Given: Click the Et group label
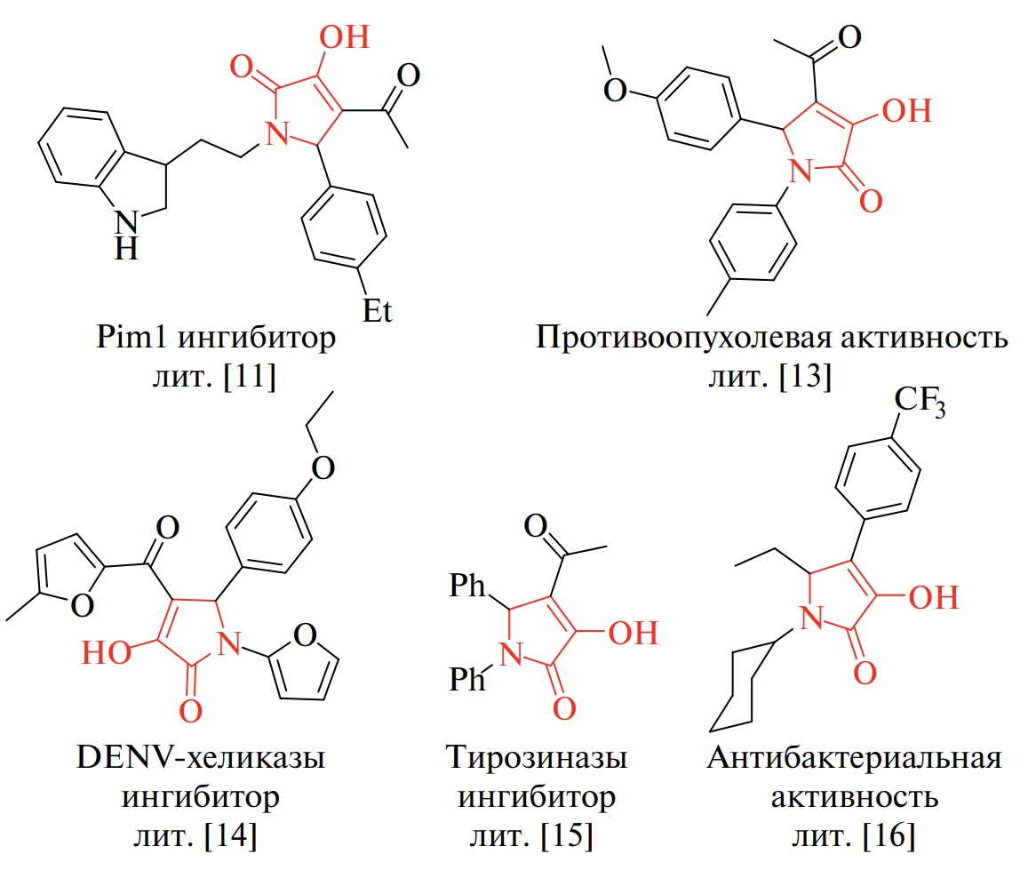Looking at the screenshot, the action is click(378, 310).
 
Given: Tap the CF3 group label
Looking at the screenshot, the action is click(920, 401).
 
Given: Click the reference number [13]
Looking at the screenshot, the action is click(805, 377).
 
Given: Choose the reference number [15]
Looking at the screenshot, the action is click(566, 835).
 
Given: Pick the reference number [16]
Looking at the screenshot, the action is click(889, 835).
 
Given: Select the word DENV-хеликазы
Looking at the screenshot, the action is click(201, 757).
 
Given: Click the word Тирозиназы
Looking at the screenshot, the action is click(537, 757).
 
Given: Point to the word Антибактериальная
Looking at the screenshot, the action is click(855, 758).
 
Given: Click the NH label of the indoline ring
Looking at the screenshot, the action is click(126, 235).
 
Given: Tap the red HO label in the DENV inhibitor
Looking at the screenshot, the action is click(106, 652).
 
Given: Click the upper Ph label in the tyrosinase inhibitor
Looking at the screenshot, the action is click(467, 586).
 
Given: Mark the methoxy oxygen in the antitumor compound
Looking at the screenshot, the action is click(615, 89).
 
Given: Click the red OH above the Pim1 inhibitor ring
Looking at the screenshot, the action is click(344, 37).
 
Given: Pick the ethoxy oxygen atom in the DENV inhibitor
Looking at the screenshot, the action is click(323, 467).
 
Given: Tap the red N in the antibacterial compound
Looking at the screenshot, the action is click(811, 619).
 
